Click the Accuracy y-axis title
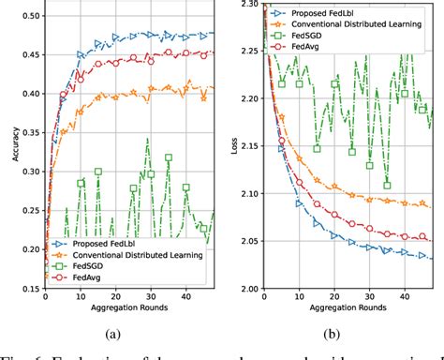click(x=9, y=145)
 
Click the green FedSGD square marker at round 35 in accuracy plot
click(x=169, y=157)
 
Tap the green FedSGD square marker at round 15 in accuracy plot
click(x=97, y=172)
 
